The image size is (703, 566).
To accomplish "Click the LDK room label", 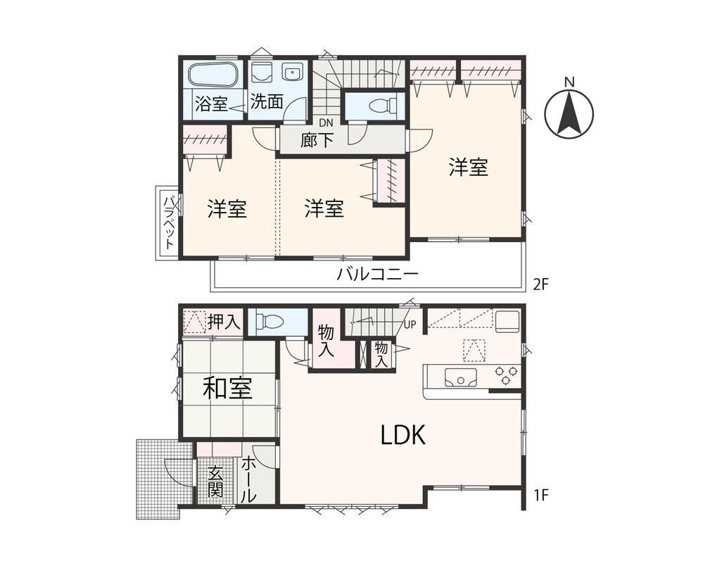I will pyautogui.click(x=403, y=436).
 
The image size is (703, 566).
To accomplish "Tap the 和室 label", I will pyautogui.click(x=227, y=388).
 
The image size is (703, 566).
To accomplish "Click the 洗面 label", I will pyautogui.click(x=267, y=101).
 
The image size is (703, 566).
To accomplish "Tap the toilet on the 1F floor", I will pyautogui.click(x=271, y=322).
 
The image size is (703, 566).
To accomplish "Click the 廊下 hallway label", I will pyautogui.click(x=317, y=139).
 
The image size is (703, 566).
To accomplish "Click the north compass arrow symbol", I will pyautogui.click(x=569, y=113).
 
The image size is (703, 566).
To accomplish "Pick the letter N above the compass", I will pyautogui.click(x=569, y=82).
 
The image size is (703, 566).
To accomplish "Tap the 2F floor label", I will pyautogui.click(x=540, y=284).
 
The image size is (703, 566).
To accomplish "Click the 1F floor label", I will pyautogui.click(x=540, y=494).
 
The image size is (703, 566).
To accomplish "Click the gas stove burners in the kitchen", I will pyautogui.click(x=505, y=375).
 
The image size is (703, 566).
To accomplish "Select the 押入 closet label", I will pyautogui.click(x=224, y=322).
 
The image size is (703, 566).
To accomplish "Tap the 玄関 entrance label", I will pyautogui.click(x=215, y=482).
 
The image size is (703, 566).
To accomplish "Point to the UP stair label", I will pyautogui.click(x=410, y=325).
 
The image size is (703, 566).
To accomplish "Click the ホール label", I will pyautogui.click(x=249, y=479).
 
